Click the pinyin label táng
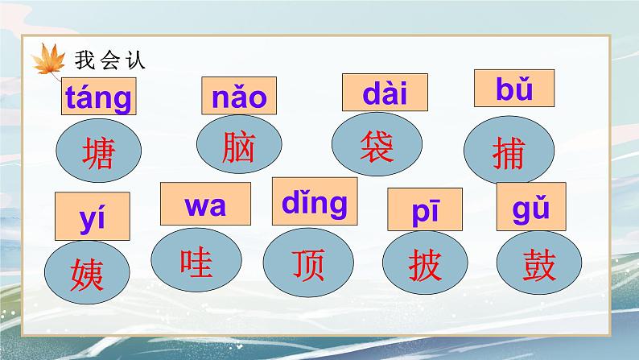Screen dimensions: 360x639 [x=98, y=98]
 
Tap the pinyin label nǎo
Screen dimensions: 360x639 [x=238, y=97]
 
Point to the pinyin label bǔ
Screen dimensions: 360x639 [x=514, y=89]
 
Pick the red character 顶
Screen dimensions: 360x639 [x=308, y=263]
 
